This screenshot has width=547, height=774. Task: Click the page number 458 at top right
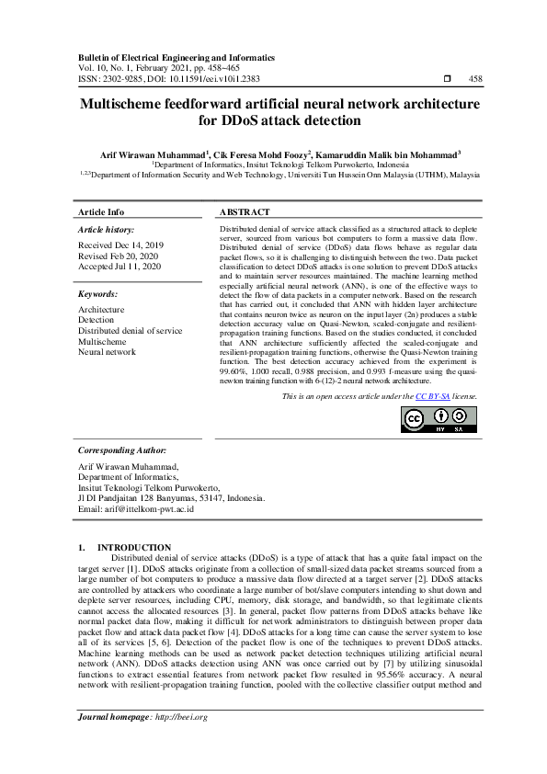[475, 79]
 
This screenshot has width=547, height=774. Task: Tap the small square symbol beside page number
[447, 79]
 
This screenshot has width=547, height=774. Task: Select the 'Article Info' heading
[101, 211]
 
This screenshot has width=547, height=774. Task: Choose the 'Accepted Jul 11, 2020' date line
[120, 267]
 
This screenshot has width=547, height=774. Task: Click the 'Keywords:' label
[97, 294]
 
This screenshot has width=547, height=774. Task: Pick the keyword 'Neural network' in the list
[107, 351]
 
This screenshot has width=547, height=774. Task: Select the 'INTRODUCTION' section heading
[134, 547]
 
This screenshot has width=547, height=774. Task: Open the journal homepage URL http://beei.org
[181, 718]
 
